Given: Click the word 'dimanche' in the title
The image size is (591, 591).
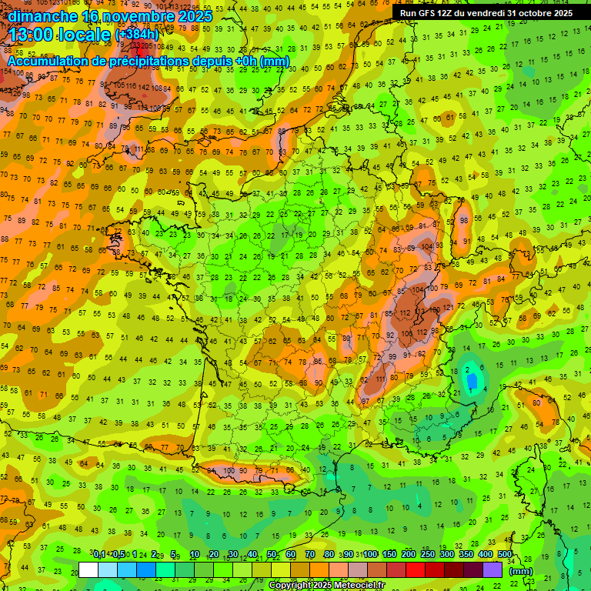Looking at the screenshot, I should pyautogui.click(x=42, y=16).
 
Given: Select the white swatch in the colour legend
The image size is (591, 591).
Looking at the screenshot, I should pyautogui.click(x=88, y=570).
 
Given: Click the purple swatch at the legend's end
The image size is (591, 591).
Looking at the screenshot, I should pyautogui.click(x=492, y=570).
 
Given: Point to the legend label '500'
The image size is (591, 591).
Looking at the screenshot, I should pyautogui.click(x=505, y=555).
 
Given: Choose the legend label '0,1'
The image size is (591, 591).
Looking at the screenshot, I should pyautogui.click(x=99, y=555).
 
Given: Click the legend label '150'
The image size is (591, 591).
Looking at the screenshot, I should pyautogui.click(x=389, y=555).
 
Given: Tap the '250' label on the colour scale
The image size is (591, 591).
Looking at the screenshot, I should pyautogui.click(x=428, y=555).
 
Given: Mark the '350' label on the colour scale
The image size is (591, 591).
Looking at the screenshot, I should pyautogui.click(x=466, y=555).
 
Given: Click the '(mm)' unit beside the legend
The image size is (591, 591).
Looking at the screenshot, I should pyautogui.click(x=521, y=571).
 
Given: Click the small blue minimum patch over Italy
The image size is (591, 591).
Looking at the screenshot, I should pyautogui.click(x=470, y=372).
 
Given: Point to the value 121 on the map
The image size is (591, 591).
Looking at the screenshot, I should pyautogui.click(x=449, y=309).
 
